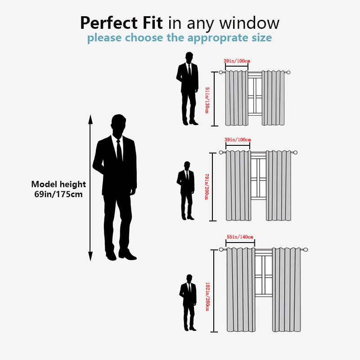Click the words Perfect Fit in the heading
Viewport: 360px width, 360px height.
pyautogui.click(x=122, y=22)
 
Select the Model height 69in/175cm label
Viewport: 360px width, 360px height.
pyautogui.click(x=58, y=189)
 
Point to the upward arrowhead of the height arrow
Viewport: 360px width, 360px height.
pyautogui.click(x=90, y=119)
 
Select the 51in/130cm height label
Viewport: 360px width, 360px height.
pyautogui.click(x=207, y=99)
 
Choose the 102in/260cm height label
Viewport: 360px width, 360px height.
pyautogui.click(x=207, y=296)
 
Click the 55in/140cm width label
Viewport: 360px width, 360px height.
pyautogui.click(x=240, y=237)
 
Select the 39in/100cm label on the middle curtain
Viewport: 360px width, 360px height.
pyautogui.click(x=237, y=140)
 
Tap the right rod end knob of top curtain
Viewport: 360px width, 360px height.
pyautogui.click(x=288, y=72)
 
